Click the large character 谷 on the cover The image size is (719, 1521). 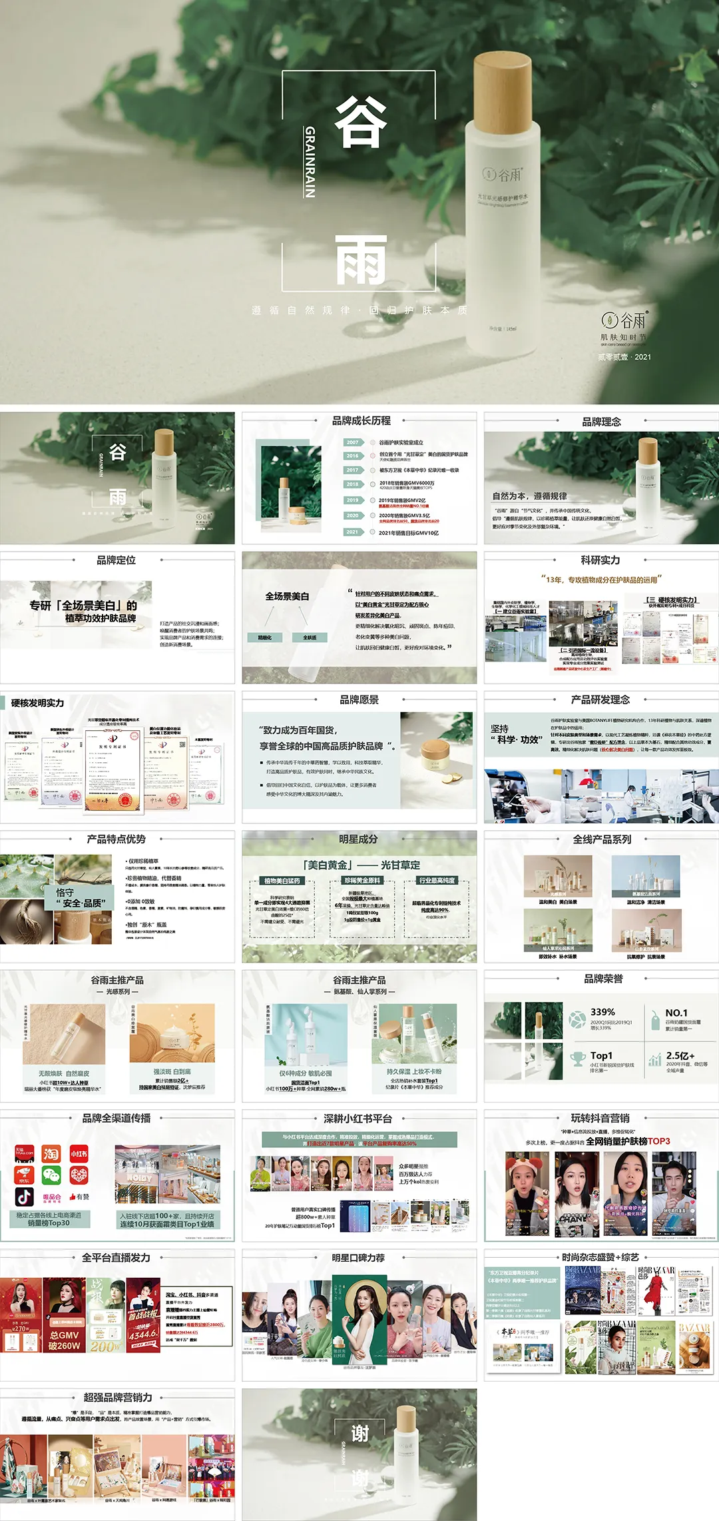360,121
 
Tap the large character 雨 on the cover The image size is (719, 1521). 360,260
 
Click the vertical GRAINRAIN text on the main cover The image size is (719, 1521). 309,162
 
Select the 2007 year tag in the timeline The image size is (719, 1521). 353,442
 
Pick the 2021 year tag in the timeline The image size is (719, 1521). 353,532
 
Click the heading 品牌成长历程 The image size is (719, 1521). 361,421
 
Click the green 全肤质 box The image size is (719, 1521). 310,638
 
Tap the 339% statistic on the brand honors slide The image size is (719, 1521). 602,1012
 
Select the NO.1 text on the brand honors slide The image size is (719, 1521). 676,1013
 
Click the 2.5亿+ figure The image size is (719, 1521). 680,1055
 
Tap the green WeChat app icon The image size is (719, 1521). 51,1175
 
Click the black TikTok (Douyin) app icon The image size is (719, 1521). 25,1197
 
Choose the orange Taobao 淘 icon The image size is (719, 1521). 51,1153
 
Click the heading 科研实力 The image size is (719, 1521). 600,560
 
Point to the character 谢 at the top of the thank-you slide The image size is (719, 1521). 360,1433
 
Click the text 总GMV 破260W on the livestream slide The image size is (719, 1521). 64,1340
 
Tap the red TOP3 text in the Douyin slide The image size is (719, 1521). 658,1141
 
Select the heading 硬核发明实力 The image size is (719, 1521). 38,703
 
